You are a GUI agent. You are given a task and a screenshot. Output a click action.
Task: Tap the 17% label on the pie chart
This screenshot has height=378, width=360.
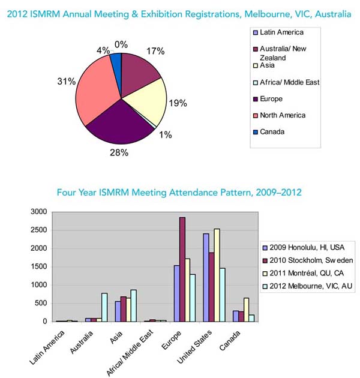coord(156,52)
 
